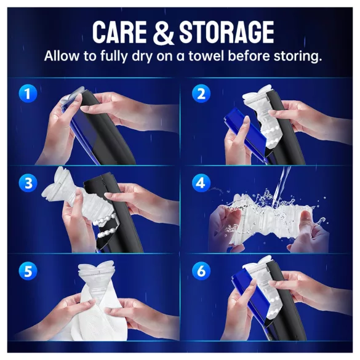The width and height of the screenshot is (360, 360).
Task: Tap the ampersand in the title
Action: [162, 33]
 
